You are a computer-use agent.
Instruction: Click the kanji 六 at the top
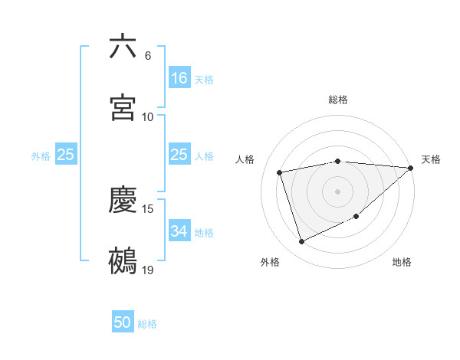point(123,47)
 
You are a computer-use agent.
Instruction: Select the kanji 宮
point(123,108)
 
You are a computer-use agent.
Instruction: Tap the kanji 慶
point(123,201)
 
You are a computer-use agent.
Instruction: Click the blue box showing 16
point(179,78)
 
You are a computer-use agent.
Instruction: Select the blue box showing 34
point(179,232)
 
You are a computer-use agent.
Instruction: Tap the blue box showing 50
point(123,323)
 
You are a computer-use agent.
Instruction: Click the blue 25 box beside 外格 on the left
point(66,155)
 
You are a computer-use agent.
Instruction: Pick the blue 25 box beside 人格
point(179,155)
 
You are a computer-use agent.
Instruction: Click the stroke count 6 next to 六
point(148,56)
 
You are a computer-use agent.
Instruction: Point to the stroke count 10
point(148,117)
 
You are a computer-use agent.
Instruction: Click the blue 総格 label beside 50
point(148,324)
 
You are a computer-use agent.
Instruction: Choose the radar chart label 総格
point(338,100)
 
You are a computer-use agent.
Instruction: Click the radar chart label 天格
point(431,159)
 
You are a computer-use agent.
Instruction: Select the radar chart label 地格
point(402,262)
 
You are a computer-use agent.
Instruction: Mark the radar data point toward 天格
point(410,168)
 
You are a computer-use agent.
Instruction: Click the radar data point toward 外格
point(301,242)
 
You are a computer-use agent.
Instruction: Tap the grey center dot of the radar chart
point(338,191)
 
